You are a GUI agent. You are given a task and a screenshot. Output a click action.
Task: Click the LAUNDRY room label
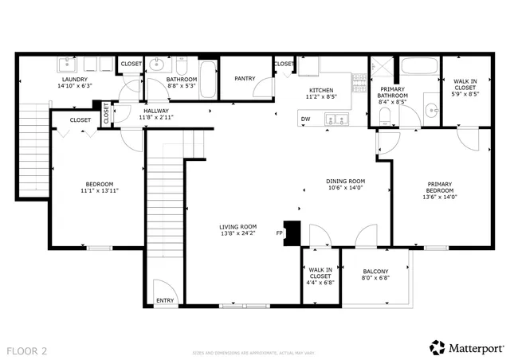click(75, 80)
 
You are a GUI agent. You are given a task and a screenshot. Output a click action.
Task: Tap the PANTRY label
click(244, 79)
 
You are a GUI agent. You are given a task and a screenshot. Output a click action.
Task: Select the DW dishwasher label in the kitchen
click(305, 119)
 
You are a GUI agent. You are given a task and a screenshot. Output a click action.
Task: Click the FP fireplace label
click(279, 233)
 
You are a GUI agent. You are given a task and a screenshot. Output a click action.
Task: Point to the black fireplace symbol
click(293, 232)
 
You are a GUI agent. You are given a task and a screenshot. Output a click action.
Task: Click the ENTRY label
click(165, 300)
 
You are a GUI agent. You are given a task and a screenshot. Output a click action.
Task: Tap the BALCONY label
click(375, 272)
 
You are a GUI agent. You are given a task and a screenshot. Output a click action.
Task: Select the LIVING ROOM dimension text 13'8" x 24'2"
click(238, 234)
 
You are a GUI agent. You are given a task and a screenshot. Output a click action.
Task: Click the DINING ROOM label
click(346, 181)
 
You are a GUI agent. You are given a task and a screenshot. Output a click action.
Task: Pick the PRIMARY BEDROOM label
click(439, 187)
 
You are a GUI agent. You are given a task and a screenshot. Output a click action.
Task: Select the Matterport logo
click(467, 347)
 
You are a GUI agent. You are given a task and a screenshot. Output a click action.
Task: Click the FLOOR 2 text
click(27, 350)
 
